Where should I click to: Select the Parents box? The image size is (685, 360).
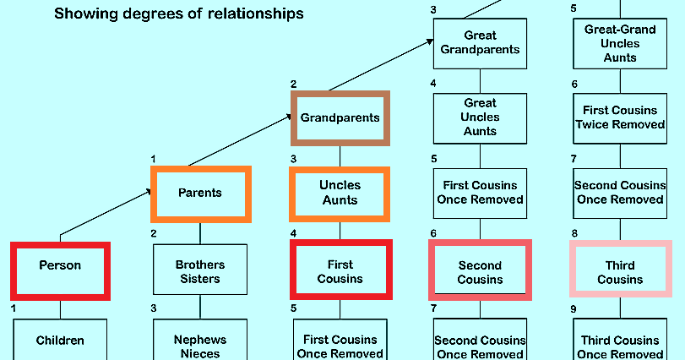200,193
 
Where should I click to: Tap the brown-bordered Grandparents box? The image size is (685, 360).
340,117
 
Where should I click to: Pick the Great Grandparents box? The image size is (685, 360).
480,42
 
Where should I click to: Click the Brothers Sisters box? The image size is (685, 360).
200,271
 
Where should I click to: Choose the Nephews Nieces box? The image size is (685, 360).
200,345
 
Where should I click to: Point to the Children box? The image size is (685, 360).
60,340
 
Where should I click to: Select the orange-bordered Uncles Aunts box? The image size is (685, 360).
340,193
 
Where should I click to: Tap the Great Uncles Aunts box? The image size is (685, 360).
480,117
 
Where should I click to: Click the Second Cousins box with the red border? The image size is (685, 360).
480,271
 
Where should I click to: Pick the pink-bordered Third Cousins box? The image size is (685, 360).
620,271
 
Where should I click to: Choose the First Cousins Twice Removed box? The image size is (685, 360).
620,117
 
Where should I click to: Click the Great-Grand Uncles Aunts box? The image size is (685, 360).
620,42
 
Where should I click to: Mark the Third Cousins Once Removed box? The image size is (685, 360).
620,345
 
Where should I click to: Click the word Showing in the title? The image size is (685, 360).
82,14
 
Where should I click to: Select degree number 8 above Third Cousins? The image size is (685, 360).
574,234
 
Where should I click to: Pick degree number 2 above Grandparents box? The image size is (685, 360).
294,84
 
